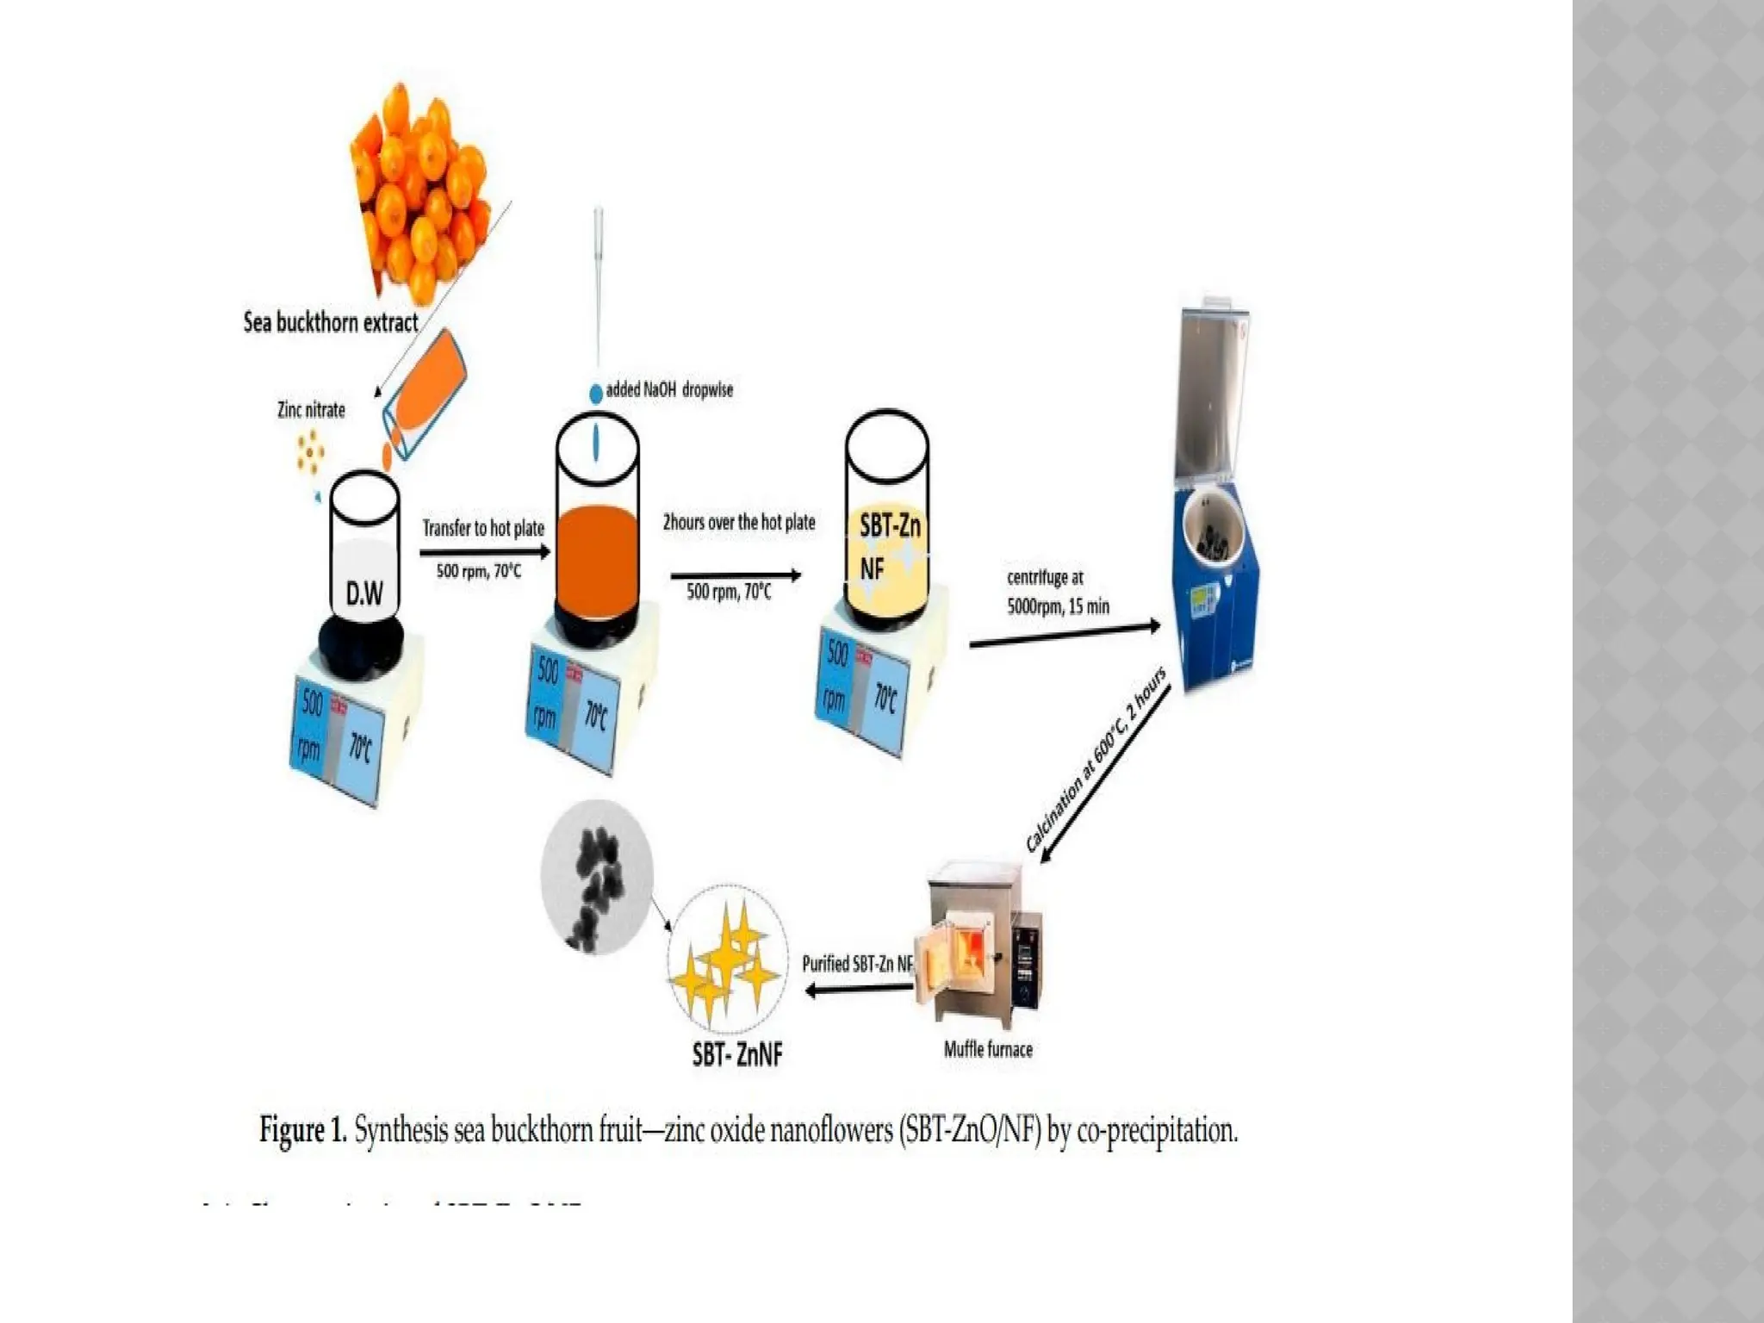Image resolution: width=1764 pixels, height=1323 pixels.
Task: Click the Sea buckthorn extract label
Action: (x=330, y=323)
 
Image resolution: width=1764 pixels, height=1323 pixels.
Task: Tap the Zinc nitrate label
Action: (x=311, y=410)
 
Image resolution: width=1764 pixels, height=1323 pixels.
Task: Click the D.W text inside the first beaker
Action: (x=364, y=593)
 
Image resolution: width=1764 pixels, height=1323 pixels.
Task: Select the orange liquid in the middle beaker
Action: (x=597, y=560)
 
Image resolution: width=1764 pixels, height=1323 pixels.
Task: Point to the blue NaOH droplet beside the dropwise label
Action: (x=595, y=394)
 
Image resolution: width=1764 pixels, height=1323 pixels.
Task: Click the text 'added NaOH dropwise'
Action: (x=669, y=390)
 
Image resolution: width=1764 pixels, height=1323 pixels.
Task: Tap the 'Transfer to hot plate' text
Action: (x=483, y=528)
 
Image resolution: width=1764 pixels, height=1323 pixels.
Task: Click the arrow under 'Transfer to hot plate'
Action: (x=484, y=553)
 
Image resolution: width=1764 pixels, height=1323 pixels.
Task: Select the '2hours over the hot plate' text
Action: (x=738, y=522)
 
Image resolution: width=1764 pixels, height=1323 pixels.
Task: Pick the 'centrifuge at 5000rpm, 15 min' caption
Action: (x=1058, y=592)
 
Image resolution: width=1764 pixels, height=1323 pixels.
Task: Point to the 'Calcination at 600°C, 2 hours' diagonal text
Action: (x=1095, y=761)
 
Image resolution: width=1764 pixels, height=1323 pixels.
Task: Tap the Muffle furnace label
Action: (x=988, y=1049)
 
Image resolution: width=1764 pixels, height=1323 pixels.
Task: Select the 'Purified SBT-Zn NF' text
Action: (x=857, y=964)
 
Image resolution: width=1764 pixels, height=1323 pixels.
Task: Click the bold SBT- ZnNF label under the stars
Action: (x=737, y=1054)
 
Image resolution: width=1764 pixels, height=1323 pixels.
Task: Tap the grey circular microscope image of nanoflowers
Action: (x=596, y=877)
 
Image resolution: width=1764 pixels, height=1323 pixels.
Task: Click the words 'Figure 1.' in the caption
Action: (x=303, y=1129)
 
